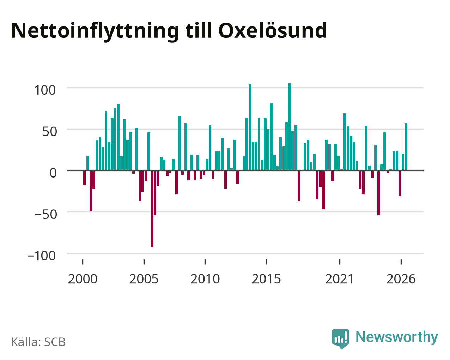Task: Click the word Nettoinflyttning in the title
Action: pos(95,31)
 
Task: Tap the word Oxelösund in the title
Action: pos(273,31)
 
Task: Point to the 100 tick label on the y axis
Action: pos(45,90)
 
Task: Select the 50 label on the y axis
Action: pos(50,132)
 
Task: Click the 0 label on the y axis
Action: pos(53,173)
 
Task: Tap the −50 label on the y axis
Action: pos(46,214)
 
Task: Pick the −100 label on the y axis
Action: pos(42,256)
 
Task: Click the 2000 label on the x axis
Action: pos(83,279)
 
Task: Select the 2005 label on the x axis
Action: pos(144,279)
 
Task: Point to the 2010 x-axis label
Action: pos(205,279)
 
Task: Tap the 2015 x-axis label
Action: pos(266,279)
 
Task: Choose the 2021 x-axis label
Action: pos(340,279)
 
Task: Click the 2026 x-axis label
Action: pos(401,279)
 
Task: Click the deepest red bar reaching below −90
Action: pos(152,209)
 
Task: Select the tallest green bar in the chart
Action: pos(290,127)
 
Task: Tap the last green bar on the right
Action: pos(406,147)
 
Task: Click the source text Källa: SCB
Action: pos(38,342)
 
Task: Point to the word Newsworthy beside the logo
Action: pos(397,337)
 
